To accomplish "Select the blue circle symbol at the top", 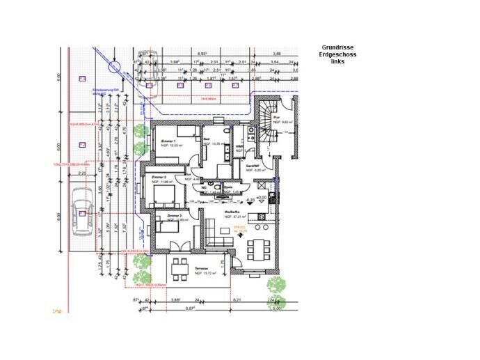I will click(115, 67).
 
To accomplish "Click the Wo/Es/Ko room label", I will click(232, 213).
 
